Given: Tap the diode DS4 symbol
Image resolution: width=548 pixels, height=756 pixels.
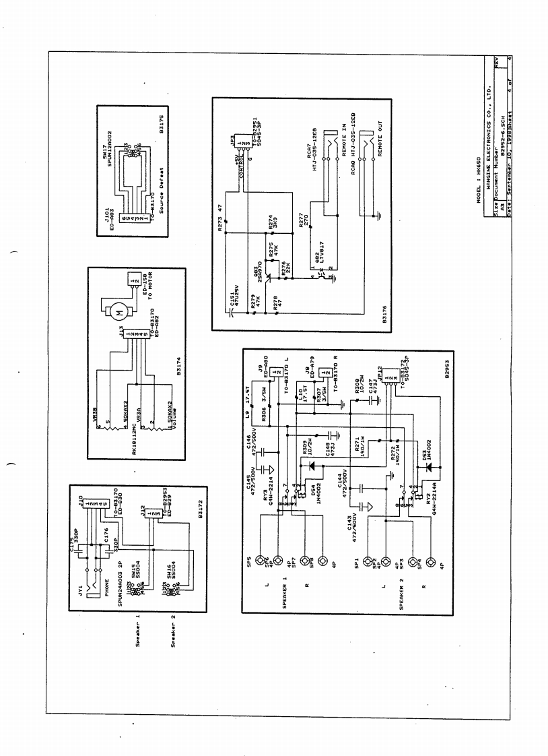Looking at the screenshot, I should [310, 465].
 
